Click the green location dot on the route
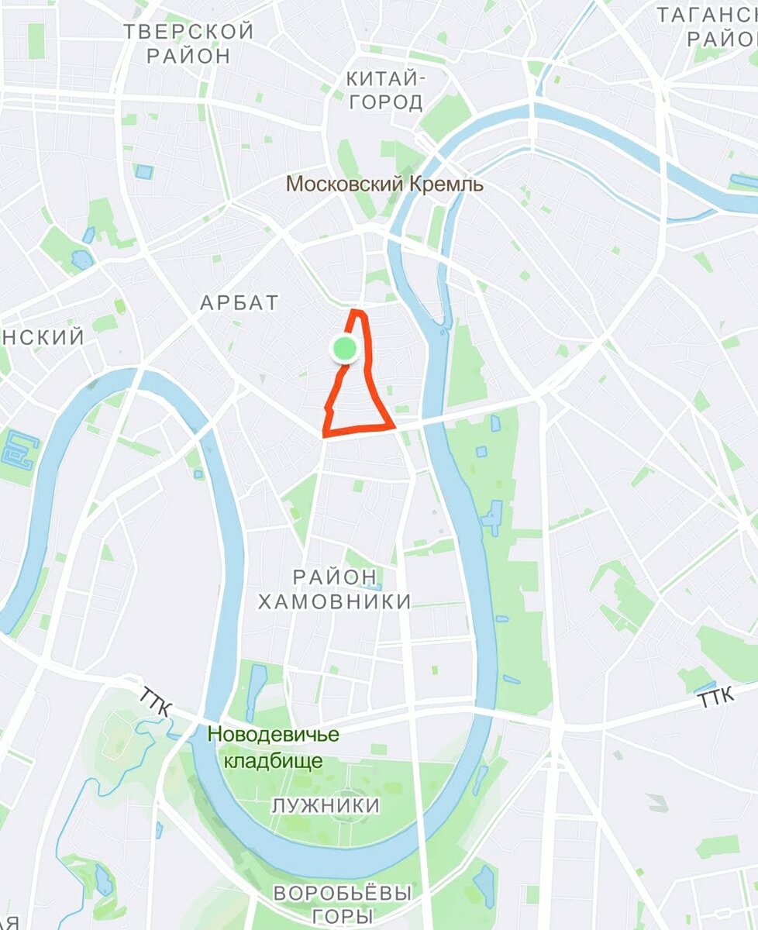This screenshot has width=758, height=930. click(344, 350)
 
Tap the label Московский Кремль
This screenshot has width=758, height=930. click(384, 184)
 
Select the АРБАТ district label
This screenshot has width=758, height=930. click(239, 303)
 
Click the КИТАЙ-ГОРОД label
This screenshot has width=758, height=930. click(385, 90)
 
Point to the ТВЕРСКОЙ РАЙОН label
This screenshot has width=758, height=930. click(188, 43)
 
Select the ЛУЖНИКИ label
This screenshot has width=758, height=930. click(326, 806)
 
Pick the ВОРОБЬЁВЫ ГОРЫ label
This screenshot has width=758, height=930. click(342, 904)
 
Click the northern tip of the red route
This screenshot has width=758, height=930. click(356, 312)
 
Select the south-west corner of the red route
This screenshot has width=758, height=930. click(326, 432)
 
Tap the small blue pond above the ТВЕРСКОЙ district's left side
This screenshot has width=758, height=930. click(144, 171)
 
